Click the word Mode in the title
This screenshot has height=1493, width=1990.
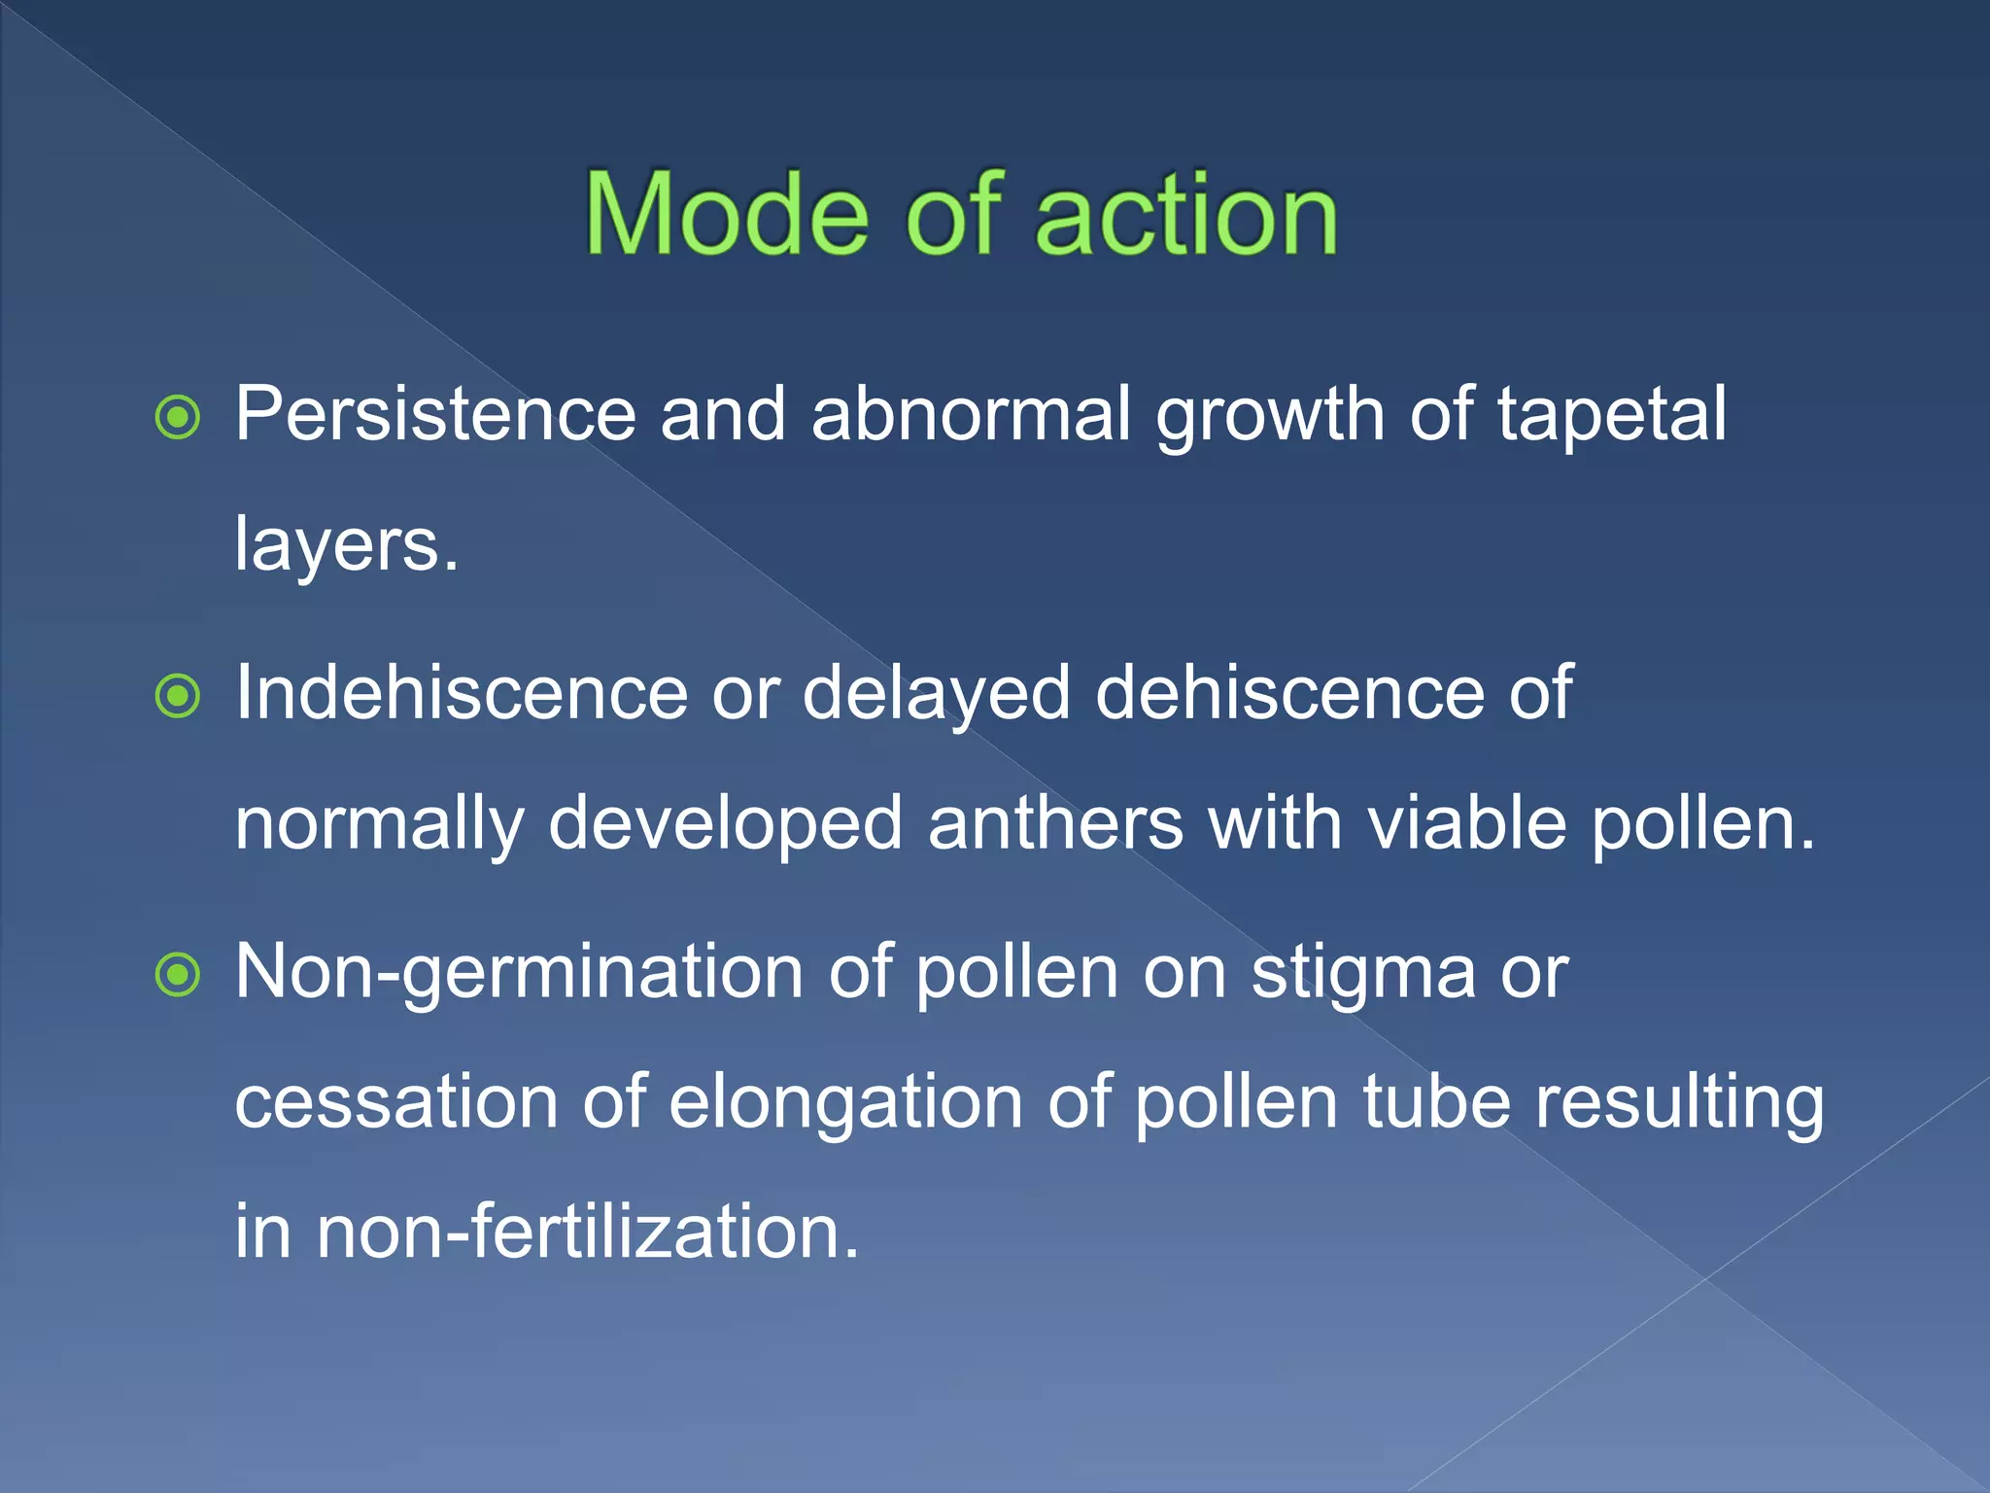(x=727, y=215)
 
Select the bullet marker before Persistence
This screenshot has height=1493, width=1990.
(x=178, y=418)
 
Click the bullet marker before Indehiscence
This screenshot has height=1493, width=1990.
(x=178, y=696)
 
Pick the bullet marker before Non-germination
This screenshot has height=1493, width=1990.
(x=178, y=975)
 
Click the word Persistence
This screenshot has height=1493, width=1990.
(x=435, y=415)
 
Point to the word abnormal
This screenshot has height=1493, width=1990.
(x=971, y=415)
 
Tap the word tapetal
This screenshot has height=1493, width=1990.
(x=1611, y=415)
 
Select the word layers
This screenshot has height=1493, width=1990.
(x=345, y=545)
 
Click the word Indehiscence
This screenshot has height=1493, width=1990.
(x=462, y=693)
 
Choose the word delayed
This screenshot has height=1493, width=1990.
(x=936, y=695)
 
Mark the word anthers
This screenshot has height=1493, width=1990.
(x=1055, y=823)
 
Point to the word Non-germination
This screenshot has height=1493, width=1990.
(x=519, y=974)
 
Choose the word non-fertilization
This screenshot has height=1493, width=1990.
(x=588, y=1232)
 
